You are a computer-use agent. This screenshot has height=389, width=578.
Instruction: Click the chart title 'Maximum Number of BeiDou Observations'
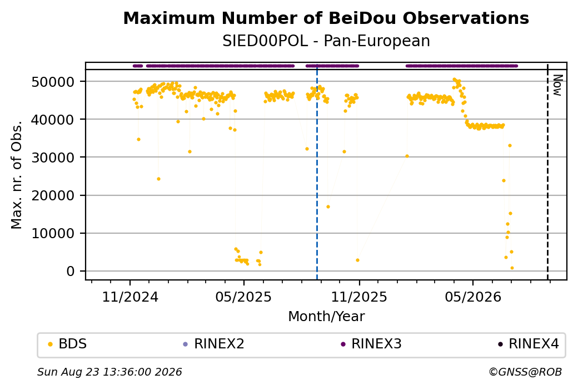tap(326, 18)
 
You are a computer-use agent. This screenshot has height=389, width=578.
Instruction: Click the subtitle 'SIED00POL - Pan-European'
tap(326, 41)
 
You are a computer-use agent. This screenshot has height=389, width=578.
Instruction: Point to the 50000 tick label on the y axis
tap(53, 82)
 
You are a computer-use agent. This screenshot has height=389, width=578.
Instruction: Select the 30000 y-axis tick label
tap(53, 157)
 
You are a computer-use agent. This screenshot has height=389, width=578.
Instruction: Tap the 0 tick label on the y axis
tap(71, 271)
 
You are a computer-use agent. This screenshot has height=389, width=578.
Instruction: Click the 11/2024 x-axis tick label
tap(129, 297)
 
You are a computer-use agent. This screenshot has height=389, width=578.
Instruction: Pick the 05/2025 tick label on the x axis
tap(243, 297)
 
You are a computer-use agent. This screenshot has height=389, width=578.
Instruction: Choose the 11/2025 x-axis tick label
tap(359, 297)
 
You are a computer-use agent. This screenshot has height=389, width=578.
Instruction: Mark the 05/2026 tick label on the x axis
tap(473, 297)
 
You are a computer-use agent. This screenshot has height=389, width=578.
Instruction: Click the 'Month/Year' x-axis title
tap(326, 316)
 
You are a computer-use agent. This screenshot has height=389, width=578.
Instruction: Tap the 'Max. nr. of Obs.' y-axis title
tap(17, 174)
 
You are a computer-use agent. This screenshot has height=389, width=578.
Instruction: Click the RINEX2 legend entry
tap(214, 344)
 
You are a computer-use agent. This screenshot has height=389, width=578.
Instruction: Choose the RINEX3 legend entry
tap(371, 344)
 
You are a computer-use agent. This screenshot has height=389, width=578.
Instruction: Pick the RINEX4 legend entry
tap(529, 344)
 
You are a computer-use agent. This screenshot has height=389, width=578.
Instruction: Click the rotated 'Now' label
tap(558, 85)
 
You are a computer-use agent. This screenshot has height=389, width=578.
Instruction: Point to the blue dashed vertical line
tap(317, 172)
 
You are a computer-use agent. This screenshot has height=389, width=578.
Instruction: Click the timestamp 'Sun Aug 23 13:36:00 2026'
tap(109, 372)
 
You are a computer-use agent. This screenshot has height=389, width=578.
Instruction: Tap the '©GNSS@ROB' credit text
tap(525, 372)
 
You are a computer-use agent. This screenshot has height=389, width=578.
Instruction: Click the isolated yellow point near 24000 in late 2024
tap(158, 179)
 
